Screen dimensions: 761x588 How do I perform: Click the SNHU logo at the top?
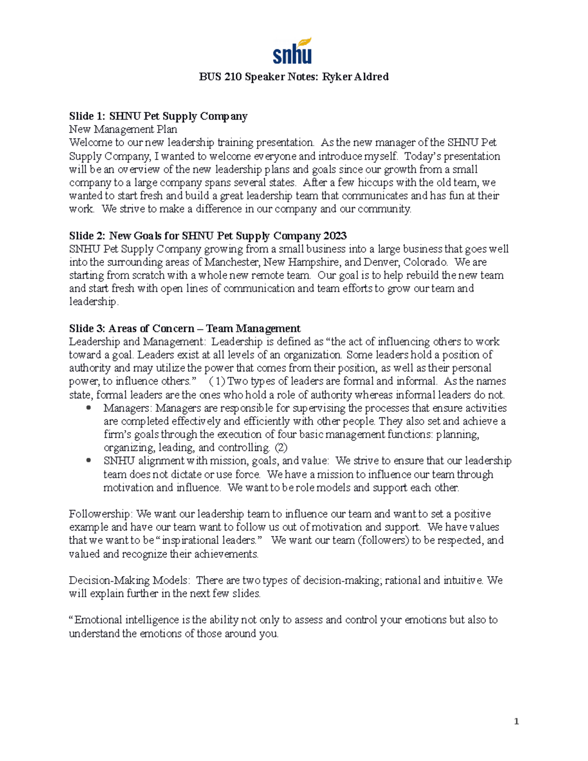(x=292, y=51)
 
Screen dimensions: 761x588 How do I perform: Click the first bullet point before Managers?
(x=88, y=408)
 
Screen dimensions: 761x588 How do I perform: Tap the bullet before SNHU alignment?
(x=88, y=461)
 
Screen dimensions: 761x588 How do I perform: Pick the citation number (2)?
(x=281, y=447)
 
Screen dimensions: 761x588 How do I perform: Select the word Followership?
(x=100, y=514)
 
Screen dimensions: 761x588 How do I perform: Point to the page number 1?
(x=516, y=721)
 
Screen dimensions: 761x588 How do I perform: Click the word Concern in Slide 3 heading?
(x=173, y=328)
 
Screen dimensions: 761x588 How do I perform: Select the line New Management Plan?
(x=123, y=129)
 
